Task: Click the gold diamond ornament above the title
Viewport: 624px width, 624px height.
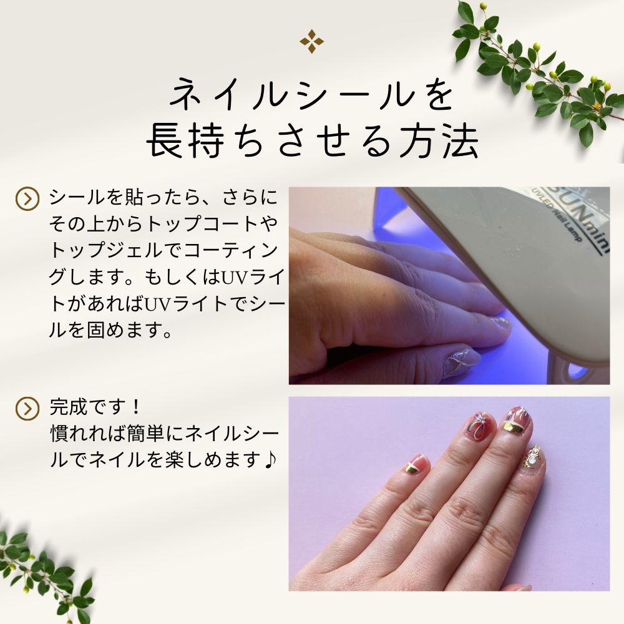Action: click(x=311, y=41)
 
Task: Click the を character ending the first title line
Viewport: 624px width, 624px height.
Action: click(x=436, y=96)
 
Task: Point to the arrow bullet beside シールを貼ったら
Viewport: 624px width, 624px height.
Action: click(x=27, y=198)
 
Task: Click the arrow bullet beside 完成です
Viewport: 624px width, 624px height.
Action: click(x=27, y=408)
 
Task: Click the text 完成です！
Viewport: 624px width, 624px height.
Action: click(x=95, y=407)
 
